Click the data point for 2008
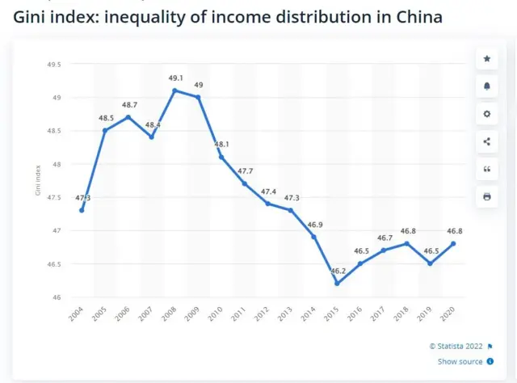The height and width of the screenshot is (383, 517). (174, 90)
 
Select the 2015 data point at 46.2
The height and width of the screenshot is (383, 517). (337, 284)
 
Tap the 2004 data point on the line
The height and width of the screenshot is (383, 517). (82, 210)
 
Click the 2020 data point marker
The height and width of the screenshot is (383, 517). (453, 243)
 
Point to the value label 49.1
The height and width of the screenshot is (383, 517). (175, 78)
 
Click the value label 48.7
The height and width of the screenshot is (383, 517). (129, 105)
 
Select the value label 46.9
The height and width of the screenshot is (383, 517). (313, 224)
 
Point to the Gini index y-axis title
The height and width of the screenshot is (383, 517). (38, 181)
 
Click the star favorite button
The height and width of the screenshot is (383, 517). (486, 59)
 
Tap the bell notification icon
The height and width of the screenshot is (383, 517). (486, 86)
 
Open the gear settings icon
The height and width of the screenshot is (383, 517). (486, 114)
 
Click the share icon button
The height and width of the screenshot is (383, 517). (486, 141)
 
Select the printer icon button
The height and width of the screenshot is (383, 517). (486, 196)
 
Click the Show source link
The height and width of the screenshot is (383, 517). (460, 362)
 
